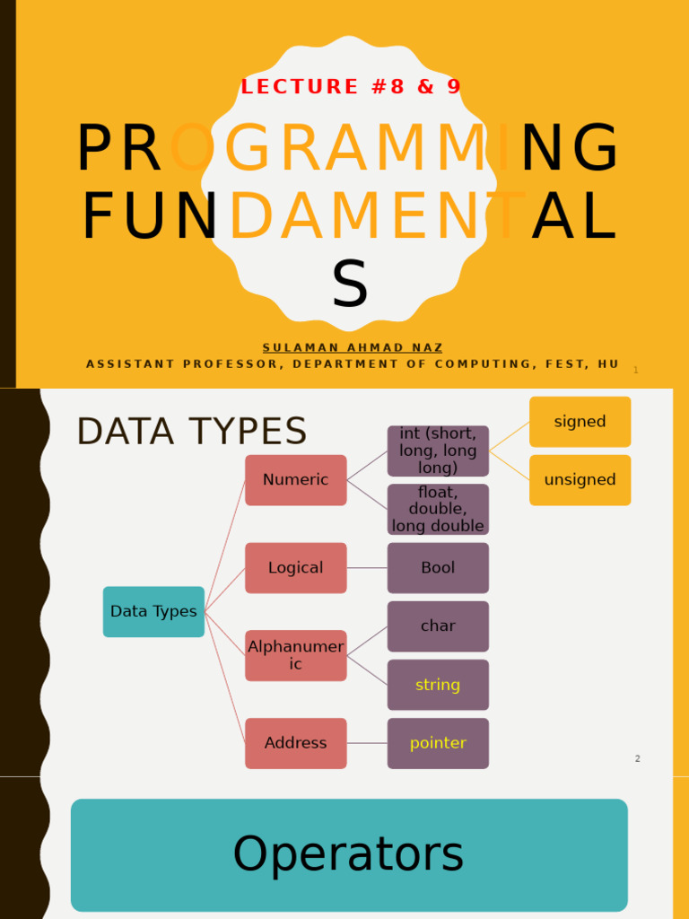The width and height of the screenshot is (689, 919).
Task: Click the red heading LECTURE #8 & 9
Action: (351, 87)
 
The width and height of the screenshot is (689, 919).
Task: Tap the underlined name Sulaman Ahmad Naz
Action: (352, 347)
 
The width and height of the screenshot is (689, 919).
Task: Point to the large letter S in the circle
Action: (350, 284)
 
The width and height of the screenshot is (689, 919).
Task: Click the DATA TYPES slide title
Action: (192, 432)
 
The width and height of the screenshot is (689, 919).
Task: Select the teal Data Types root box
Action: (153, 611)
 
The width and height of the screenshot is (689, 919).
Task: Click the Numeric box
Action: (296, 480)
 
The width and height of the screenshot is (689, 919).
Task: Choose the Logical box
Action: (296, 568)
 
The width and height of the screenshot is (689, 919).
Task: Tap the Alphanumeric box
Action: (296, 656)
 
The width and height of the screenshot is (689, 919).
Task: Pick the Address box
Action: (296, 743)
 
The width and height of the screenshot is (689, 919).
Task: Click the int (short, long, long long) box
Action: (438, 451)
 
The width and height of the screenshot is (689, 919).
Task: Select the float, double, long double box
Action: (438, 510)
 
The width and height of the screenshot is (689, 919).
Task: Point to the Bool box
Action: (438, 568)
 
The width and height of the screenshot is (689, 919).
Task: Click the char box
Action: (438, 626)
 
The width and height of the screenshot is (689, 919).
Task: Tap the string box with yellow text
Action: (438, 685)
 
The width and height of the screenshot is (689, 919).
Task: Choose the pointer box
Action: (438, 743)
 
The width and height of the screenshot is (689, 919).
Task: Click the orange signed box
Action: (580, 422)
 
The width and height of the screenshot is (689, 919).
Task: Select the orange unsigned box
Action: (580, 480)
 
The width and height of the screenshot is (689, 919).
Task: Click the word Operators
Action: (348, 854)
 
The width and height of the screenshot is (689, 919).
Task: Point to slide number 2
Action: (638, 758)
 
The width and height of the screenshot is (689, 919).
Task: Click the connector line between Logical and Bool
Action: (367, 568)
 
